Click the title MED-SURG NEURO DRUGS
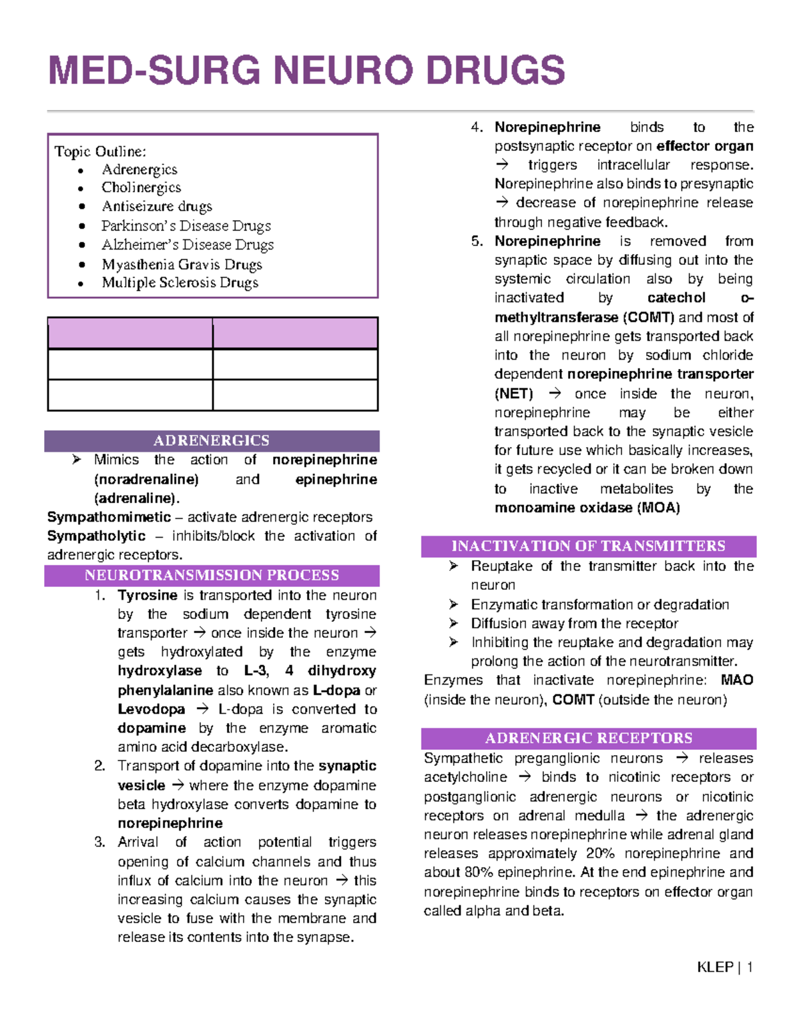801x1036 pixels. [306, 71]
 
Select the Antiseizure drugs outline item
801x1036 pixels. [157, 206]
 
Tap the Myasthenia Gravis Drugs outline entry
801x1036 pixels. [182, 264]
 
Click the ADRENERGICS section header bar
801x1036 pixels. [212, 440]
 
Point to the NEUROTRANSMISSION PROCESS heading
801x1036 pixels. [212, 575]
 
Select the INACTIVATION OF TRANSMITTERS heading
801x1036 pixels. [588, 546]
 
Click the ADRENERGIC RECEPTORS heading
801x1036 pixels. [588, 738]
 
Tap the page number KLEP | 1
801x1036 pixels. [725, 967]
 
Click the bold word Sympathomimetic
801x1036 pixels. [109, 517]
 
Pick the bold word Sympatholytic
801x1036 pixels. [96, 536]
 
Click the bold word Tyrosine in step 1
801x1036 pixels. [148, 595]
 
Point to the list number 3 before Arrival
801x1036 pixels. [99, 842]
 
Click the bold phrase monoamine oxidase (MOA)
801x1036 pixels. [587, 508]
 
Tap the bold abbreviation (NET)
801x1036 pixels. [513, 394]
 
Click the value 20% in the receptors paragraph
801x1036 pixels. [600, 853]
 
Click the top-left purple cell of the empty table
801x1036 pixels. [130, 333]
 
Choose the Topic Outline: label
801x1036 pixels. [100, 151]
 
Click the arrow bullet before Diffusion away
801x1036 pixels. [454, 623]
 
